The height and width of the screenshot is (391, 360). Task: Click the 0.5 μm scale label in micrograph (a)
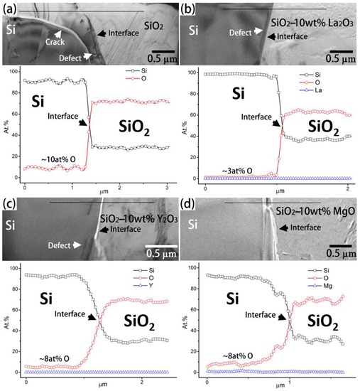pyautogui.click(x=163, y=57)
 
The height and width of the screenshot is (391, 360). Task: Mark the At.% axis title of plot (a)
pyautogui.click(x=6, y=122)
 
